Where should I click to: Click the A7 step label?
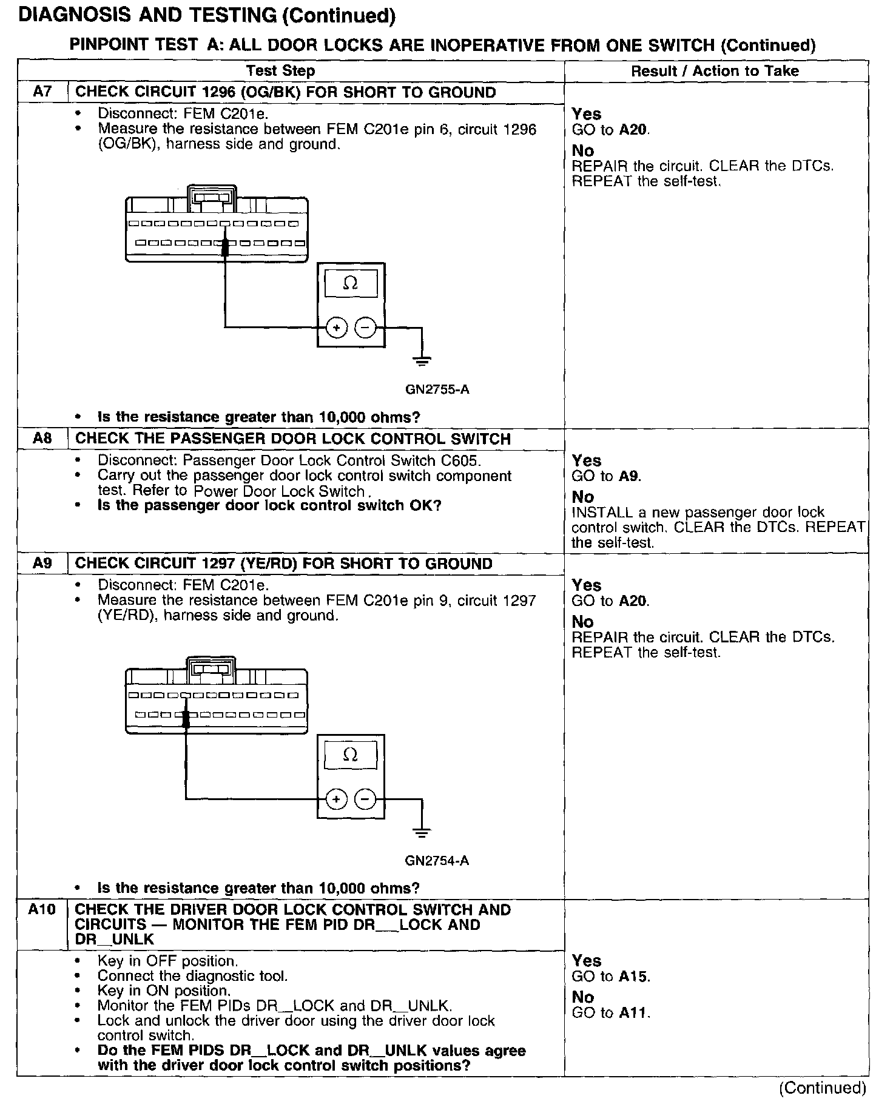(42, 92)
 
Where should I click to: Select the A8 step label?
(42, 439)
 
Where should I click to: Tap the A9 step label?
(42, 564)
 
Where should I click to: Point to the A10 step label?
(42, 909)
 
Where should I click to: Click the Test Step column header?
(281, 71)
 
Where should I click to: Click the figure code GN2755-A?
(437, 389)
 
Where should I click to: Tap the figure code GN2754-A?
(437, 861)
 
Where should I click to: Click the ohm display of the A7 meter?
(351, 283)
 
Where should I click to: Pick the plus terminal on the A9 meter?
(336, 799)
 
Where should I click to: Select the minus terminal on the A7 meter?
(365, 328)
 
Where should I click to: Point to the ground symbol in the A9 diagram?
(422, 832)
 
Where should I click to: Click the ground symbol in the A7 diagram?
(422, 361)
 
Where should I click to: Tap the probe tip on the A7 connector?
(225, 246)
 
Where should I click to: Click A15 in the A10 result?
(634, 977)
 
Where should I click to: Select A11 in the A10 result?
(634, 1012)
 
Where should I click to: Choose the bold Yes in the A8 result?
(586, 461)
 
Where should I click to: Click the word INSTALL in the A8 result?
(598, 513)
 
